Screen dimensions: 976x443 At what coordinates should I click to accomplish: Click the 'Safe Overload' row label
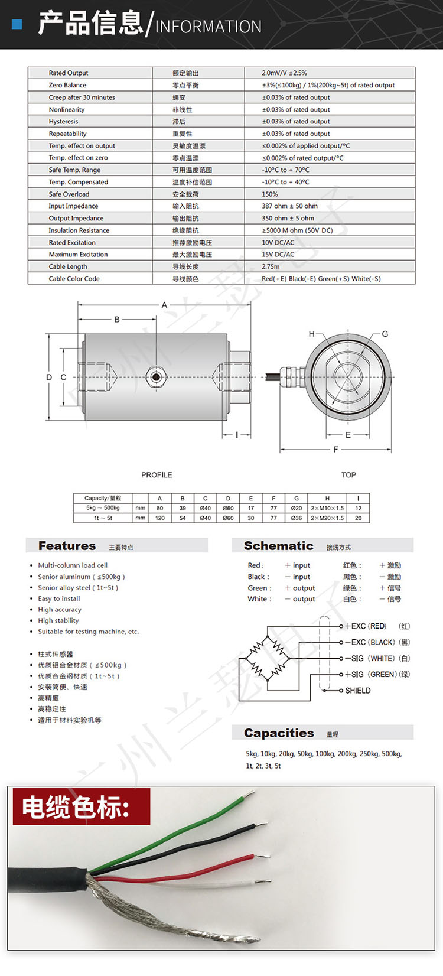coord(69,194)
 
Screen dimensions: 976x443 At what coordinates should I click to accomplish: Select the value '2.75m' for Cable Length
coord(271,266)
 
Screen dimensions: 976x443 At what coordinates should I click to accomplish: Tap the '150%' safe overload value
coord(269,194)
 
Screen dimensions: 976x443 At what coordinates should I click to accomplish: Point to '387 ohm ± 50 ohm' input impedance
coord(289,206)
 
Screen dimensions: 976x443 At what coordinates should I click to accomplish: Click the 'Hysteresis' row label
coord(63,122)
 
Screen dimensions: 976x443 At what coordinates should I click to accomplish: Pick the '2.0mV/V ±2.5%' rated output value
coord(284,73)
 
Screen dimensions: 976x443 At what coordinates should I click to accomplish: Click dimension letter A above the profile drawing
coord(164,305)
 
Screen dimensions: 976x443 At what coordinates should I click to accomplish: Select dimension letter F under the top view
coord(335,450)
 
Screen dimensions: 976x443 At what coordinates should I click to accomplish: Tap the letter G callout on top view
coord(385,334)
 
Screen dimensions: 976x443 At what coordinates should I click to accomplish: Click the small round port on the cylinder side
coord(156,377)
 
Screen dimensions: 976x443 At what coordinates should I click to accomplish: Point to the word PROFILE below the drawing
coord(157,475)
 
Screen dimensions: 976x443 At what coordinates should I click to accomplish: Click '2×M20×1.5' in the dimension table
coord(327,518)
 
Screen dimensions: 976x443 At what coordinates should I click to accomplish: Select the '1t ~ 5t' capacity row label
coord(103,518)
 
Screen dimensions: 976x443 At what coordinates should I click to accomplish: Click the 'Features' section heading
coord(67,546)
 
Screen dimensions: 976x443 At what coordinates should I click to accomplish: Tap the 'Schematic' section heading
coord(278,546)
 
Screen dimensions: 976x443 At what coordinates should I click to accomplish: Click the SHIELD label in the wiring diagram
coord(357,691)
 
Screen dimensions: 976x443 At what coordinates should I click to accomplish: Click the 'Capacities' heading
coord(279,733)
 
